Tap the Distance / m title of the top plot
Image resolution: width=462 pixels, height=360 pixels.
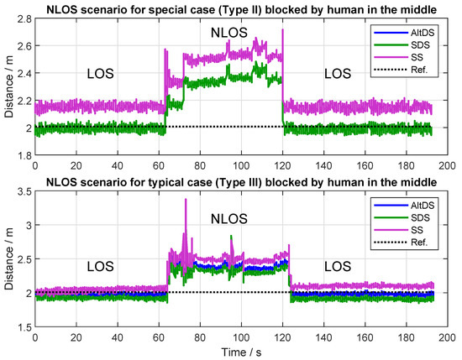8,86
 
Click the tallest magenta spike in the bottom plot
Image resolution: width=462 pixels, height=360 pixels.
185,201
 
